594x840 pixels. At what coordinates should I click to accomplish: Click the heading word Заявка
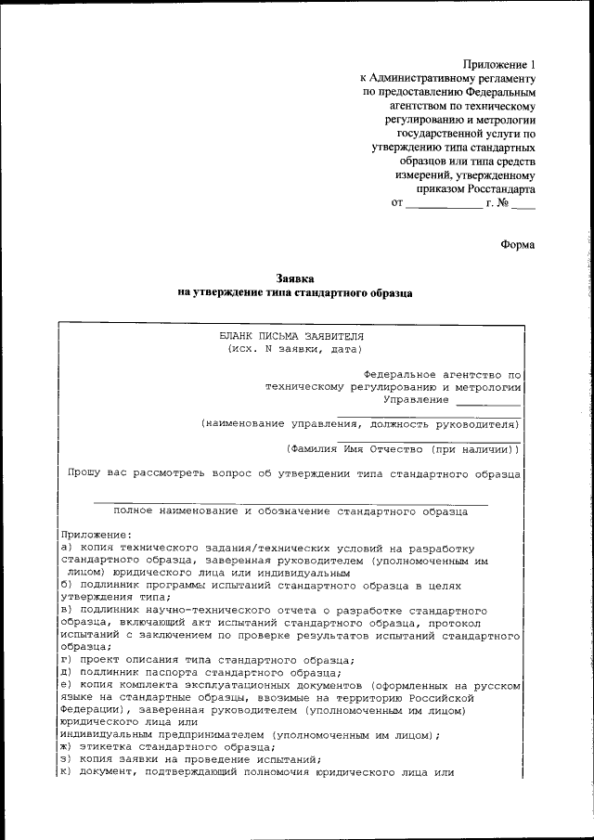coord(296,278)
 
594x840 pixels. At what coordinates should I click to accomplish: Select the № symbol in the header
coord(506,202)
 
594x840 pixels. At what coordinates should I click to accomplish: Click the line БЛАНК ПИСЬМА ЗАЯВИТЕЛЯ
coord(291,336)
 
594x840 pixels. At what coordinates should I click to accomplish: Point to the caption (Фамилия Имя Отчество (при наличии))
coord(403,448)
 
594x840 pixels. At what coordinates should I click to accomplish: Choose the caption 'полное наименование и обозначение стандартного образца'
coord(291,510)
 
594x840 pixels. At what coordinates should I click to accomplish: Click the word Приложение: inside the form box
coord(97,535)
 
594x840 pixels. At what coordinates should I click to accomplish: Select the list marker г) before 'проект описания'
coord(67,659)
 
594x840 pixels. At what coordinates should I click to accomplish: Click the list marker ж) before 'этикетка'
coord(67,746)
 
